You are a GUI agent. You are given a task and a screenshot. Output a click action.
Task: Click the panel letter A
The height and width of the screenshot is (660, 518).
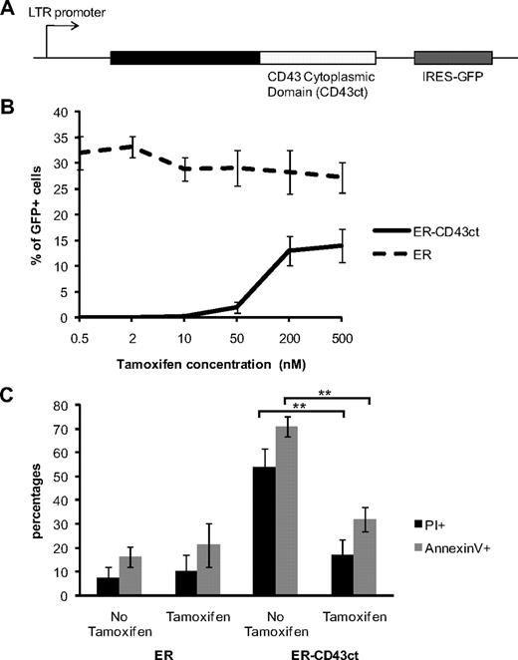click(9, 11)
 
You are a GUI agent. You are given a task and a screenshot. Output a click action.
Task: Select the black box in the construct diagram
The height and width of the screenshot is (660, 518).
click(184, 58)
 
